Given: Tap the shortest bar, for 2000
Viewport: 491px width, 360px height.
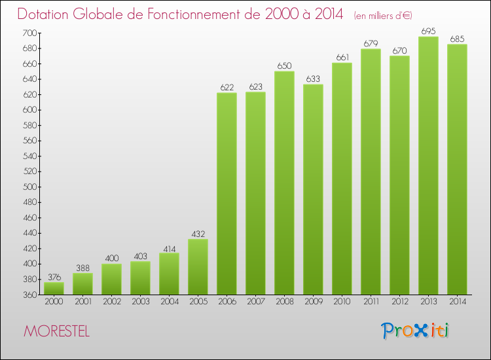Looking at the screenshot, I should click(x=54, y=288).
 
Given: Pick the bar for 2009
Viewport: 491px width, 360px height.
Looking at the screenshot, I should click(x=313, y=189).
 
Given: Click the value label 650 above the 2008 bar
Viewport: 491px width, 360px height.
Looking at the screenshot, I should click(x=284, y=66).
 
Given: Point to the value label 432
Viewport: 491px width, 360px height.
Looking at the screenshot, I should click(x=198, y=234).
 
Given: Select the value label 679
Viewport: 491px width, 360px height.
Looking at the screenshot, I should click(x=371, y=44).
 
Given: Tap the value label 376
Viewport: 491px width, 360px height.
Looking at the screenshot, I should click(x=54, y=277).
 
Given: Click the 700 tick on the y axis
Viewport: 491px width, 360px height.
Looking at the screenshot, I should click(x=31, y=33).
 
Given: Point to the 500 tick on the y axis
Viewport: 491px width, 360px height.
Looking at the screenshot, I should click(x=31, y=187).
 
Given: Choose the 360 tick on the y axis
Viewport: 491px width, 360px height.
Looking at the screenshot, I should click(x=31, y=295).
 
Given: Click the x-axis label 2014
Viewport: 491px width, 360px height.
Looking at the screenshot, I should click(x=457, y=302).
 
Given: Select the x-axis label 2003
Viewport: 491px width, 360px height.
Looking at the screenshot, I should click(x=140, y=302).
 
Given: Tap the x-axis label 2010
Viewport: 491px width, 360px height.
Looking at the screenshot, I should click(x=342, y=302).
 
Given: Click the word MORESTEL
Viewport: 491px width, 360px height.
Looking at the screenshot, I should click(x=57, y=331).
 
